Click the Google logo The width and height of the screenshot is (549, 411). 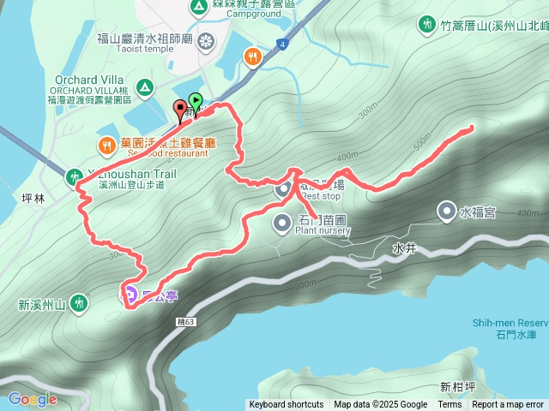pos(33,399)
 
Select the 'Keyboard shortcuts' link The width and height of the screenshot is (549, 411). pos(287,405)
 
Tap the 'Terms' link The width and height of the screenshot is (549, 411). pos(449,405)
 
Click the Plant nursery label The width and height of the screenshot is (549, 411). pos(323,229)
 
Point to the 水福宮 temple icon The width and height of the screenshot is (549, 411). pos(446,210)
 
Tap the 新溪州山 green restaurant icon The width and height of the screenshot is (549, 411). pos(80,302)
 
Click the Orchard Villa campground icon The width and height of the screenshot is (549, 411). pos(145,86)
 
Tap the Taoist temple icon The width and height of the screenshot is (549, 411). pos(206,40)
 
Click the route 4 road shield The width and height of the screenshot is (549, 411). pos(281,42)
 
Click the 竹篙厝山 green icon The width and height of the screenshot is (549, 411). pos(426,25)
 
